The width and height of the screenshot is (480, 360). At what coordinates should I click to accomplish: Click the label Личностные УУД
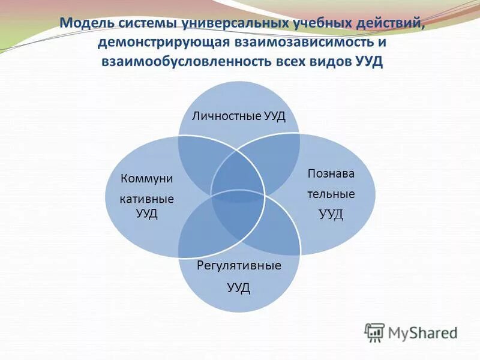[238, 115]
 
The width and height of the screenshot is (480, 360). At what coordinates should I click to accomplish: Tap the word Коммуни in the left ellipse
[146, 178]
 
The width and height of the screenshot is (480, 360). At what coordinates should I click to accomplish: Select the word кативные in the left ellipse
[146, 199]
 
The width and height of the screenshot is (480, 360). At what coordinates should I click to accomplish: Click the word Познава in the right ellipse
[331, 174]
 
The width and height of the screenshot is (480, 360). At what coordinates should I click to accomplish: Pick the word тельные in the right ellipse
[331, 194]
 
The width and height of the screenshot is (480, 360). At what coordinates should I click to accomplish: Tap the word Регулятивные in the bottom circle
[239, 265]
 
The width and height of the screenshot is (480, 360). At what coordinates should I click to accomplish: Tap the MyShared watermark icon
[374, 332]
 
